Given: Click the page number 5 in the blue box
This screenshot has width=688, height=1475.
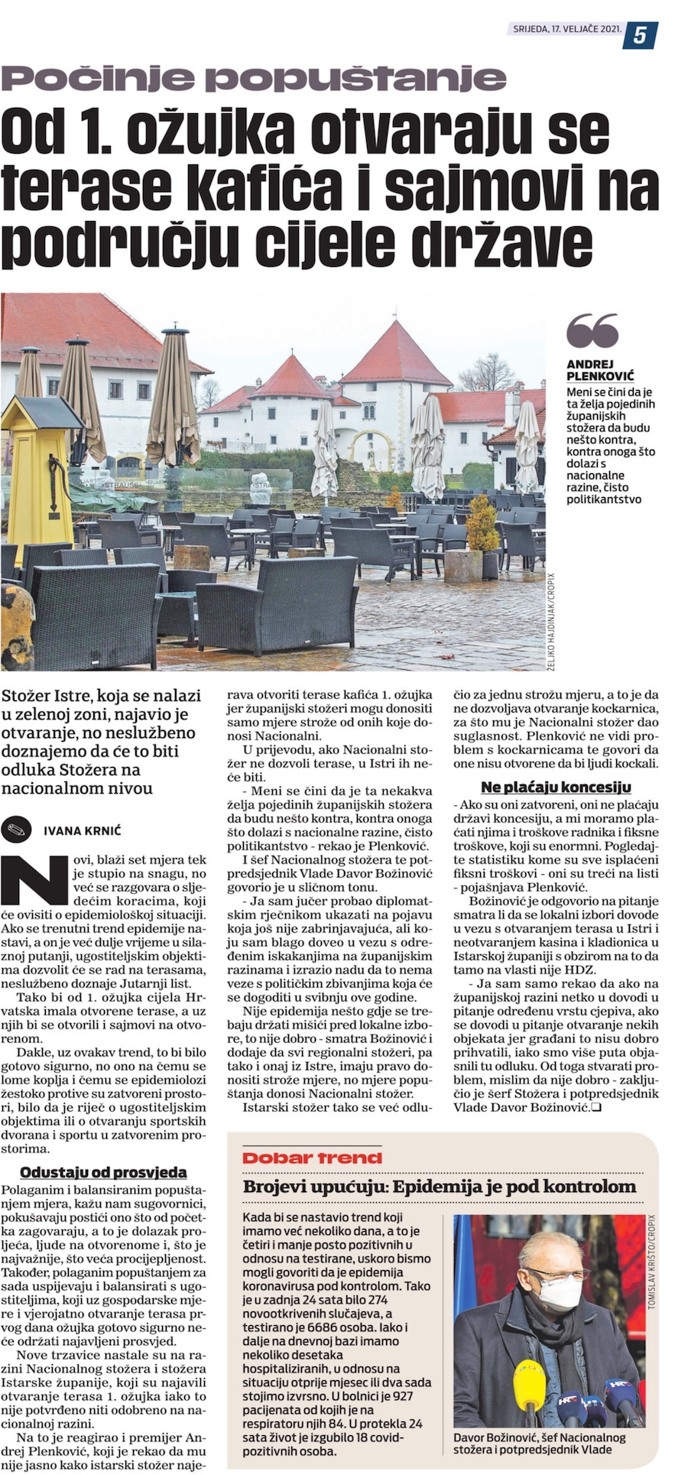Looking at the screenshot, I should pos(639,34).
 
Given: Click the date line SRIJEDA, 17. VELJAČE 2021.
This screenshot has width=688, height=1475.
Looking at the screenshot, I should pos(564,29).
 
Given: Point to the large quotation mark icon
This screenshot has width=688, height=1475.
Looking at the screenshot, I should pos(592,330).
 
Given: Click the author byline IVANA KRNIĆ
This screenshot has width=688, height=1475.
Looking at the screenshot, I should pos(82,830).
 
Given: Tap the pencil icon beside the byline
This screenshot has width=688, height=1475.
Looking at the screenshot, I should pos(16,828).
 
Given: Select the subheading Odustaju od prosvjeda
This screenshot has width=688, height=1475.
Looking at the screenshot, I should pos(103,1171).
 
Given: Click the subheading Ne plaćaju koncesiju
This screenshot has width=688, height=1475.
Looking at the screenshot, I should pos(556,787).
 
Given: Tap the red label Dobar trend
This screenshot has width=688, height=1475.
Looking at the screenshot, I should pos(312,1158).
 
